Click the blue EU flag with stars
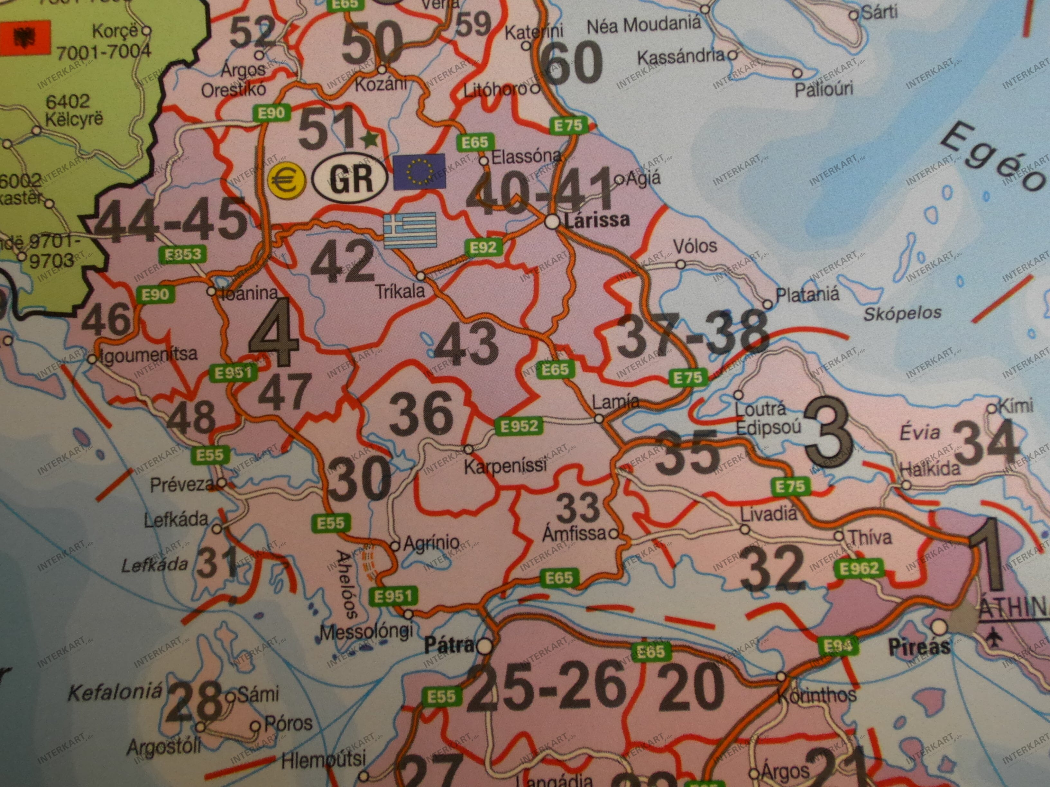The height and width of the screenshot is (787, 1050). (419, 171)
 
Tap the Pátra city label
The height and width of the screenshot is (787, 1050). (448, 645)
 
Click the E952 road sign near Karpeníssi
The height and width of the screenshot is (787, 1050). (519, 426)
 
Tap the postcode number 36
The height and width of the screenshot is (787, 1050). (421, 412)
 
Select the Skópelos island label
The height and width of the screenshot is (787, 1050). (902, 313)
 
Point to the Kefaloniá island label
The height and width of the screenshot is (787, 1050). (115, 693)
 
